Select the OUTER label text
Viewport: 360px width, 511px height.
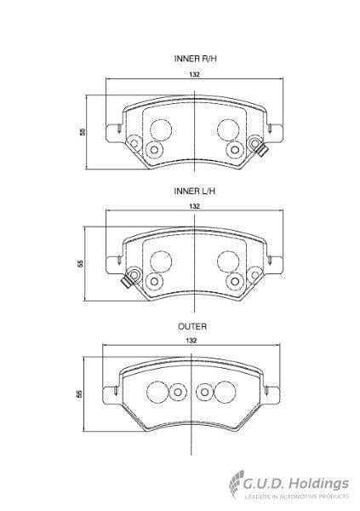click(x=191, y=326)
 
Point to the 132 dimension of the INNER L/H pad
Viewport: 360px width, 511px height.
click(x=194, y=207)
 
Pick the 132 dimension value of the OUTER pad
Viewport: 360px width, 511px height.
click(x=191, y=341)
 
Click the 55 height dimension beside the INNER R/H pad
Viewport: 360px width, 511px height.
click(x=83, y=131)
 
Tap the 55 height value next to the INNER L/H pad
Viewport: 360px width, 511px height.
click(x=82, y=263)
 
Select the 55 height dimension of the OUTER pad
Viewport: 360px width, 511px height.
click(x=80, y=393)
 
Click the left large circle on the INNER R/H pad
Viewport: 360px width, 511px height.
click(x=161, y=129)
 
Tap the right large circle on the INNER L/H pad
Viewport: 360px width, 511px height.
click(x=227, y=261)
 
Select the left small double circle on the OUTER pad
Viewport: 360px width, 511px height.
click(x=177, y=392)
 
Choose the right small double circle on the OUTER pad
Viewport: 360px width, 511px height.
click(x=204, y=392)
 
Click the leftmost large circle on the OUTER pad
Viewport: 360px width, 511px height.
click(x=156, y=392)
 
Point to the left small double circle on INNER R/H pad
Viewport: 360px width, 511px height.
click(x=153, y=150)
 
